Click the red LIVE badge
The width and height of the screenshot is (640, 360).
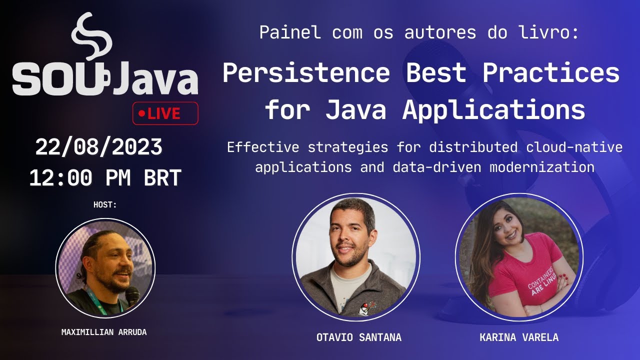click(165, 113)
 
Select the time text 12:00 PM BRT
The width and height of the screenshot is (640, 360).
click(105, 178)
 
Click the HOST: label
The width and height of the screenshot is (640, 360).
click(105, 204)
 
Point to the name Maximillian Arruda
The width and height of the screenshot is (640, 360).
click(104, 332)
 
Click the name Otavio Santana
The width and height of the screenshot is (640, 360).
click(359, 337)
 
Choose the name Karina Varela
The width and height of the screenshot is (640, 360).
click(519, 337)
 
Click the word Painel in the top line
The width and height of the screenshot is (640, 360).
click(289, 33)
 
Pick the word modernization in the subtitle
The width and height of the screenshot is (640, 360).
click(542, 167)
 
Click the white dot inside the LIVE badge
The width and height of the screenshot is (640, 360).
click(141, 114)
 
